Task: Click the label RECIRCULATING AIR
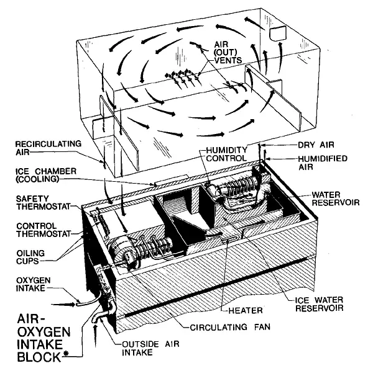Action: coord(40,148)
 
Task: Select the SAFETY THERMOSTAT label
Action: coord(34,203)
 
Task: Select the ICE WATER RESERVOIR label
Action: coord(310,302)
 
